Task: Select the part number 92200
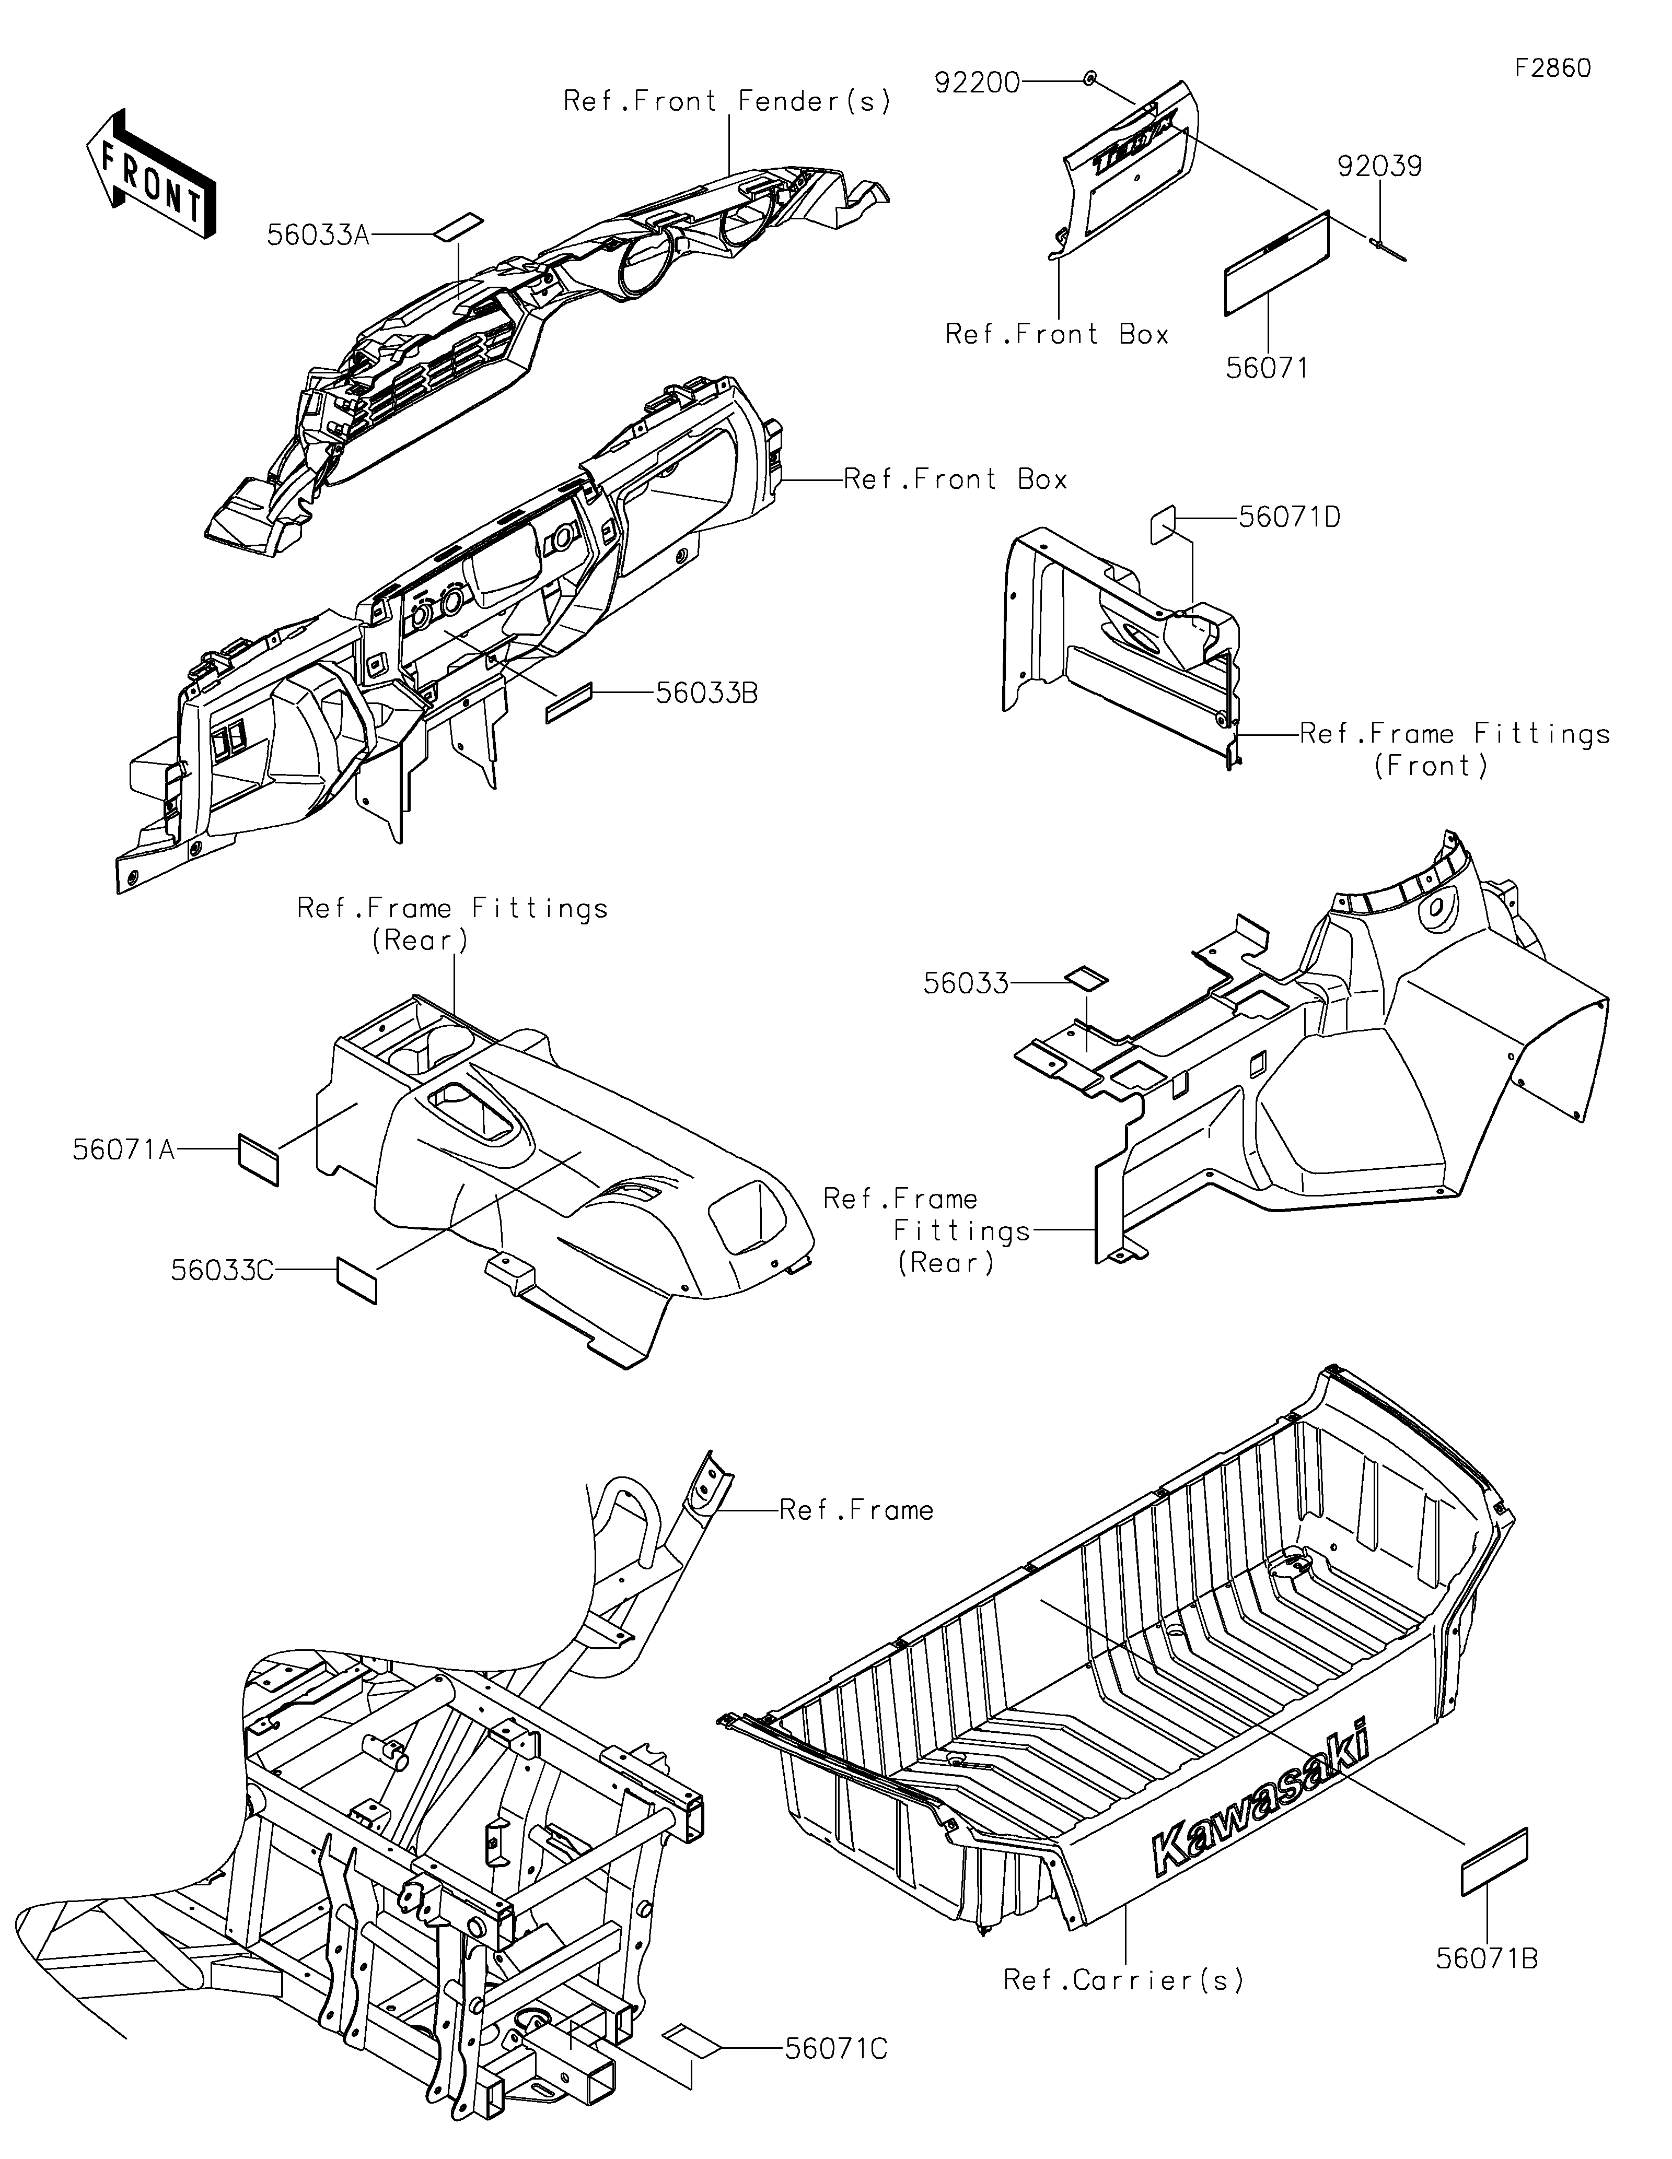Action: [977, 83]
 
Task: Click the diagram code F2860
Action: [1552, 68]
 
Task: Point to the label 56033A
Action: [318, 234]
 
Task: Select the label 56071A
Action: [124, 1149]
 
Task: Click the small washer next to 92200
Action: [1089, 79]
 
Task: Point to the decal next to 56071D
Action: [1163, 524]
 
